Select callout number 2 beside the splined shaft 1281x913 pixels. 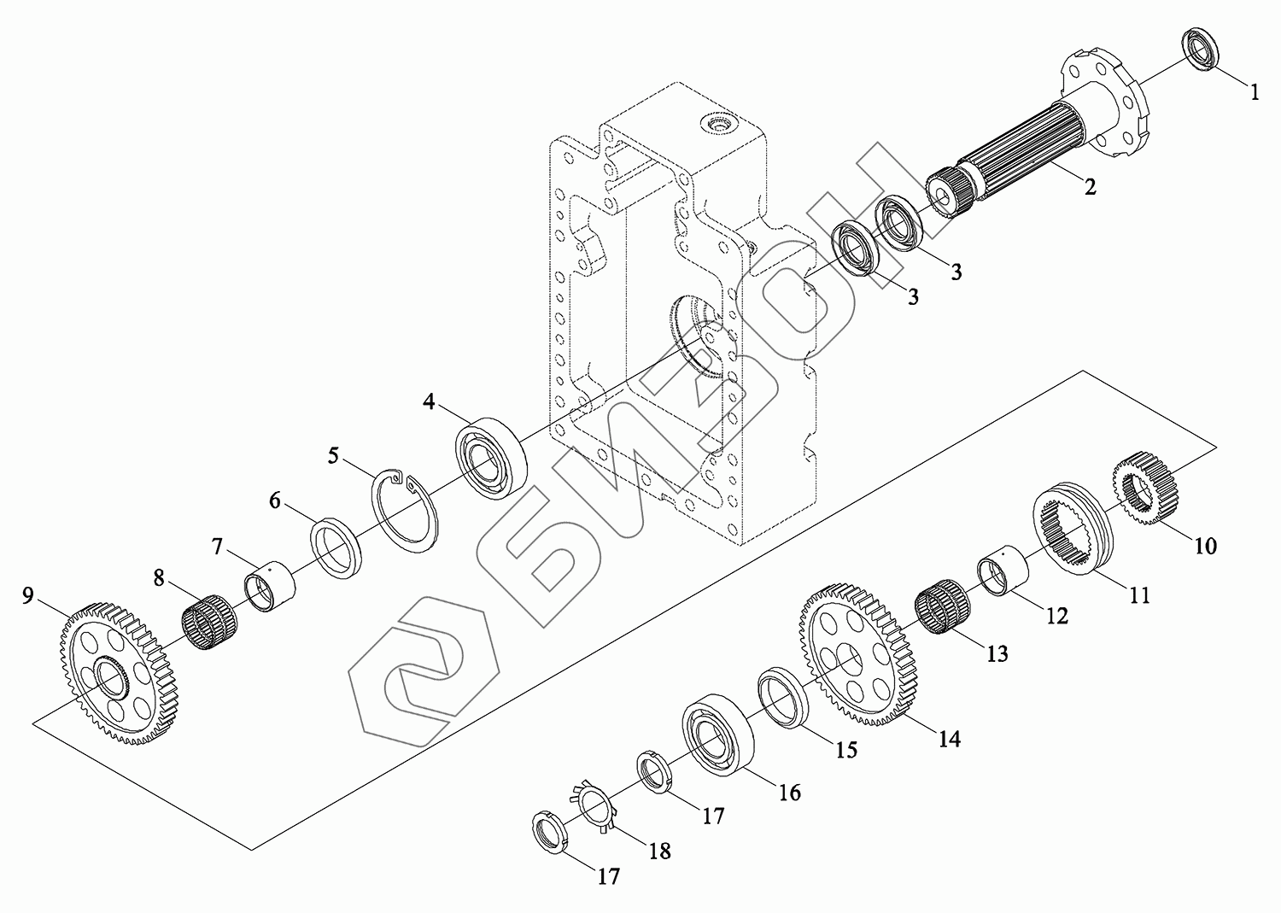pos(1090,186)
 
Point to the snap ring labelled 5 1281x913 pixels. pos(408,509)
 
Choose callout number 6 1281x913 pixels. pos(275,500)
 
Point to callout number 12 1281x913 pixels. pos(1056,615)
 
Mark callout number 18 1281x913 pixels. pos(658,851)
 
